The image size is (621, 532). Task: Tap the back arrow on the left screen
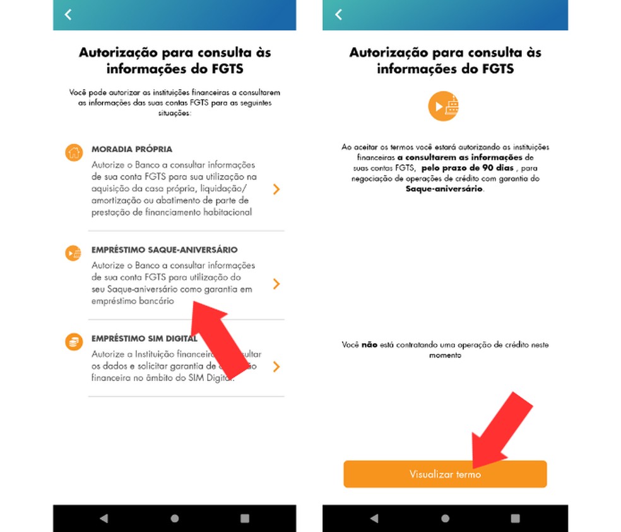point(68,15)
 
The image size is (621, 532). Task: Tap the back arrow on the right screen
point(339,15)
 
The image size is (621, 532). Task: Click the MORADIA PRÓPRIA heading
point(131,150)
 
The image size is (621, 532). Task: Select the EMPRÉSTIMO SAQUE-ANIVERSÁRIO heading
point(164,250)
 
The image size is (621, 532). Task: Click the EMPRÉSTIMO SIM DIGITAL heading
point(144,339)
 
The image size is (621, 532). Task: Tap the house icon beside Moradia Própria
point(74,152)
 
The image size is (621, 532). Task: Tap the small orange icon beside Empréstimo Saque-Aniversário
point(73,253)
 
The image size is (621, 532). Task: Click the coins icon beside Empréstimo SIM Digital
point(74,342)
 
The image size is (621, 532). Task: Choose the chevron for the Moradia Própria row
point(276,189)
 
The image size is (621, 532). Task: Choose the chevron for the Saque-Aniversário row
point(276,284)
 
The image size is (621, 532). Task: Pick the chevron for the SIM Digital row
point(276,367)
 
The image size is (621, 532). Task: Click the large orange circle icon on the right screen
point(444,106)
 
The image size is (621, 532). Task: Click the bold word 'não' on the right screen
point(369,346)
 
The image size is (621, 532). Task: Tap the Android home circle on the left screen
point(175,518)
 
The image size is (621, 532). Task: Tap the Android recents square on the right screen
point(516,518)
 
